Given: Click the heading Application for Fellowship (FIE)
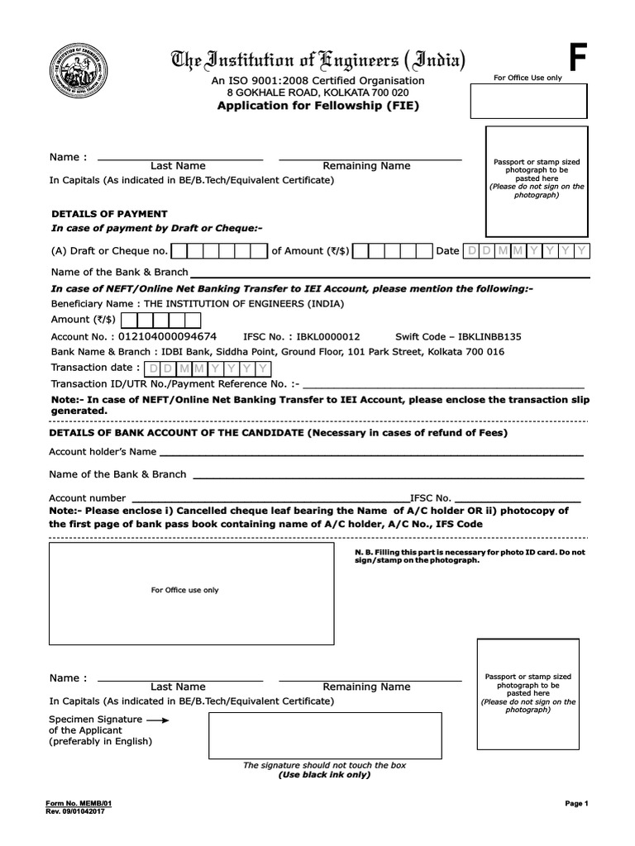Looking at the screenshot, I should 317,106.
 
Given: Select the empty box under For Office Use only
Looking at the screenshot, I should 529,102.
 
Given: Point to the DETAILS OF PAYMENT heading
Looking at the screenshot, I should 109,213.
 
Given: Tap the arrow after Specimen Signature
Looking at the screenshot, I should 157,720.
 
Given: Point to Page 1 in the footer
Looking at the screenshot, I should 575,803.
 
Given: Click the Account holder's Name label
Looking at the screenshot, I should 103,452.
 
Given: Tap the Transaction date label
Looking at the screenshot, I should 95,368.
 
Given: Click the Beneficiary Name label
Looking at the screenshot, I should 97,303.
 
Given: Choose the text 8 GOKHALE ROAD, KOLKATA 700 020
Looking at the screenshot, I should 318,93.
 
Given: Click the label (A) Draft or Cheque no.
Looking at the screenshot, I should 110,251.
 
